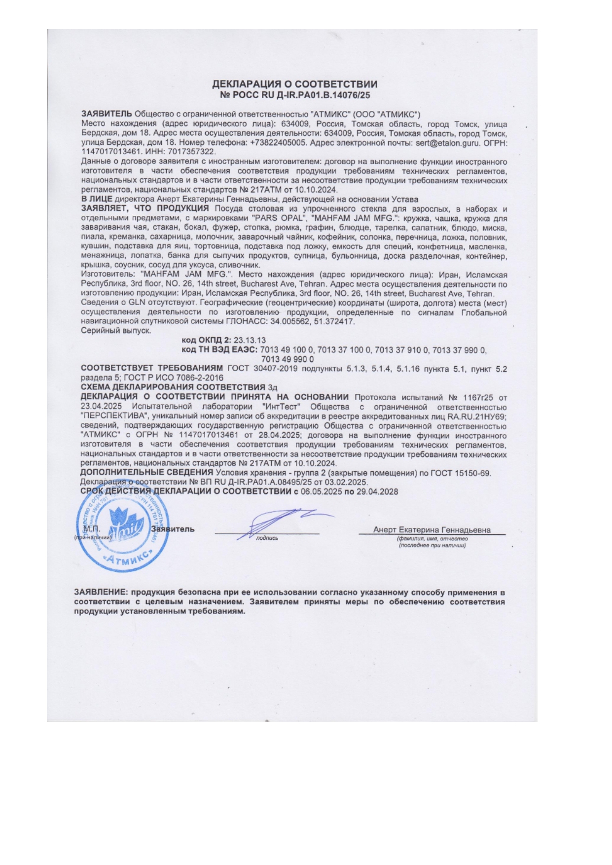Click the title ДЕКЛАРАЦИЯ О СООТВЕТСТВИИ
(x=294, y=84)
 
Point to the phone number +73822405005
(x=279, y=143)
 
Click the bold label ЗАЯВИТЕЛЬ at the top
(x=107, y=114)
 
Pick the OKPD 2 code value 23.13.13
(x=249, y=341)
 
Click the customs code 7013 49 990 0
(x=288, y=359)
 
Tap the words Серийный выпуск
(x=115, y=331)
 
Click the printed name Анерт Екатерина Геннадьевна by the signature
(x=432, y=530)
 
